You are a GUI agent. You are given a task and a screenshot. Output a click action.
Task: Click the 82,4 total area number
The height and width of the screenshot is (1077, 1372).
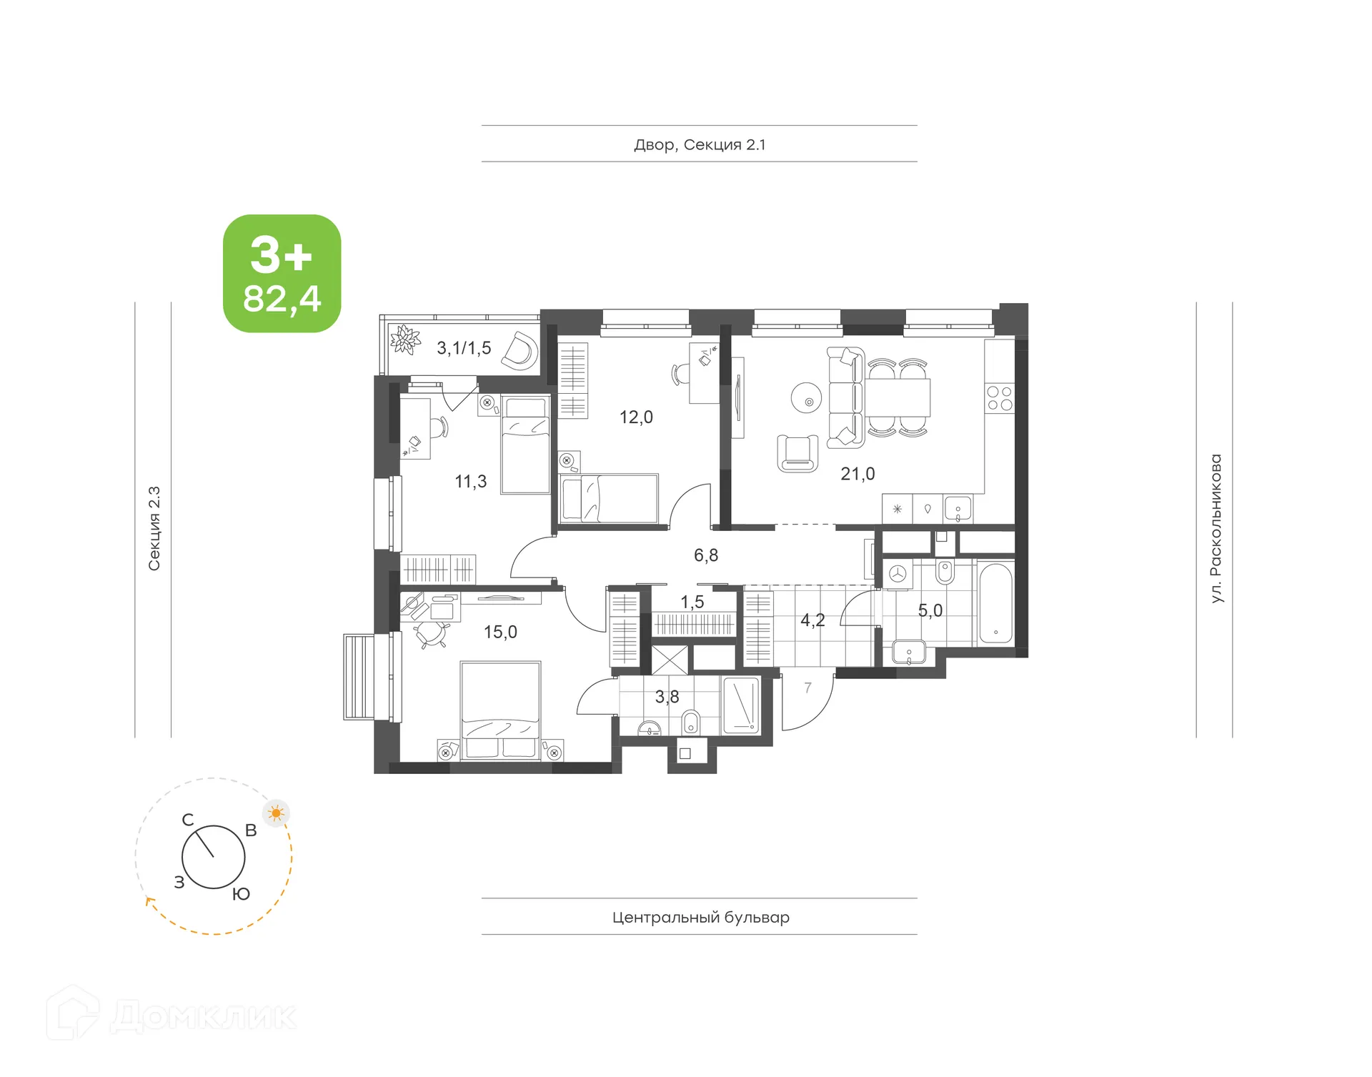(282, 299)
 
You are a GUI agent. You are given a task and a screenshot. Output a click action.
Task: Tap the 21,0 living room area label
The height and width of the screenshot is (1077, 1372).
(857, 474)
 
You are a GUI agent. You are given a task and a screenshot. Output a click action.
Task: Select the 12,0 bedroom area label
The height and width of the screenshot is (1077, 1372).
(636, 417)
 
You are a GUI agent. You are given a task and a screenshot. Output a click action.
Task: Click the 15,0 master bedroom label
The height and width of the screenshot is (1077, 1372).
(500, 632)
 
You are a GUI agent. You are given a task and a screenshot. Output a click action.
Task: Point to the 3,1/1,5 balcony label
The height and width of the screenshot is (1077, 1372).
(464, 348)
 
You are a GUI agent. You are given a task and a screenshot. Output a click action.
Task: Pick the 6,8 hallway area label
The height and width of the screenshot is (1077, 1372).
(706, 555)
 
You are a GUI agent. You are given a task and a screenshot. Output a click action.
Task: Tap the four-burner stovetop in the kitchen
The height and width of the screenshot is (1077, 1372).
(1000, 399)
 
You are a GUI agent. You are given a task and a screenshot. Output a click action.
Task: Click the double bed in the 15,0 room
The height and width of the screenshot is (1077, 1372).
(500, 708)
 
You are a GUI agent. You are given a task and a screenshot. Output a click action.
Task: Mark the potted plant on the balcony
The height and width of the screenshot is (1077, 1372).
(405, 339)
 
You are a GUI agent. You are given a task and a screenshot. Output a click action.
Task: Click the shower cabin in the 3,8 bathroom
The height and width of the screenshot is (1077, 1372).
(742, 705)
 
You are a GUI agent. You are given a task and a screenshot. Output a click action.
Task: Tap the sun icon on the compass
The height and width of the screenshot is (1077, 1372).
(276, 813)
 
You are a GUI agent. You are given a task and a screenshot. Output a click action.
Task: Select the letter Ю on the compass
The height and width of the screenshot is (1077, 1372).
(242, 894)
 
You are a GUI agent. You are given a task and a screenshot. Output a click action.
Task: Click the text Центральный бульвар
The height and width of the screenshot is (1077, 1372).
(700, 917)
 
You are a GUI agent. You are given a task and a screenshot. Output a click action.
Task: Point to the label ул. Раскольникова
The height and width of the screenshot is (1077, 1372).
(1216, 528)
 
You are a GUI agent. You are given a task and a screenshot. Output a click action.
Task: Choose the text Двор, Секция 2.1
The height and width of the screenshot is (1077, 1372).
(700, 145)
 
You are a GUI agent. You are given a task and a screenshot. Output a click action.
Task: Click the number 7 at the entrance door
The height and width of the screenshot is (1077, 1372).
(807, 688)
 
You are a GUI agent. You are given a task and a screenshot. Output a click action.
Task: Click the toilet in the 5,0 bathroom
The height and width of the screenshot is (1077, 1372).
(945, 572)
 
